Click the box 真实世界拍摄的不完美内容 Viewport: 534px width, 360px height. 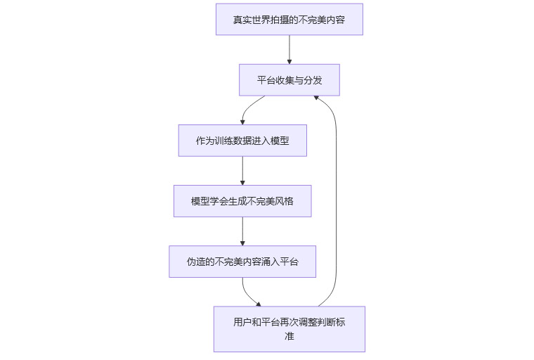click(289, 19)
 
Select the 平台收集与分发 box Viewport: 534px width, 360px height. click(289, 80)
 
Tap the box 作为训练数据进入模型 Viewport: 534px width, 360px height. click(242, 141)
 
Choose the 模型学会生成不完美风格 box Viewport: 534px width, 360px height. click(242, 201)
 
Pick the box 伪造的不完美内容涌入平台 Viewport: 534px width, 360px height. click(242, 262)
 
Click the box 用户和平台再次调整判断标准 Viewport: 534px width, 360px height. click(289, 329)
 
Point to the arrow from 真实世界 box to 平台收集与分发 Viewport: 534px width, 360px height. click(289, 49)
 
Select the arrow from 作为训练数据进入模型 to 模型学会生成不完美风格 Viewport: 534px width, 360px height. click(242, 171)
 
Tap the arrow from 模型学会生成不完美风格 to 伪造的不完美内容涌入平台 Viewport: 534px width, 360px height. click(242, 231)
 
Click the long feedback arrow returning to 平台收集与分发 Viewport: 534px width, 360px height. click(337, 197)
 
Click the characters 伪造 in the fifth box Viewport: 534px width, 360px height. click(195, 262)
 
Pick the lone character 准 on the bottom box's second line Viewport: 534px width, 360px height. click(289, 336)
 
